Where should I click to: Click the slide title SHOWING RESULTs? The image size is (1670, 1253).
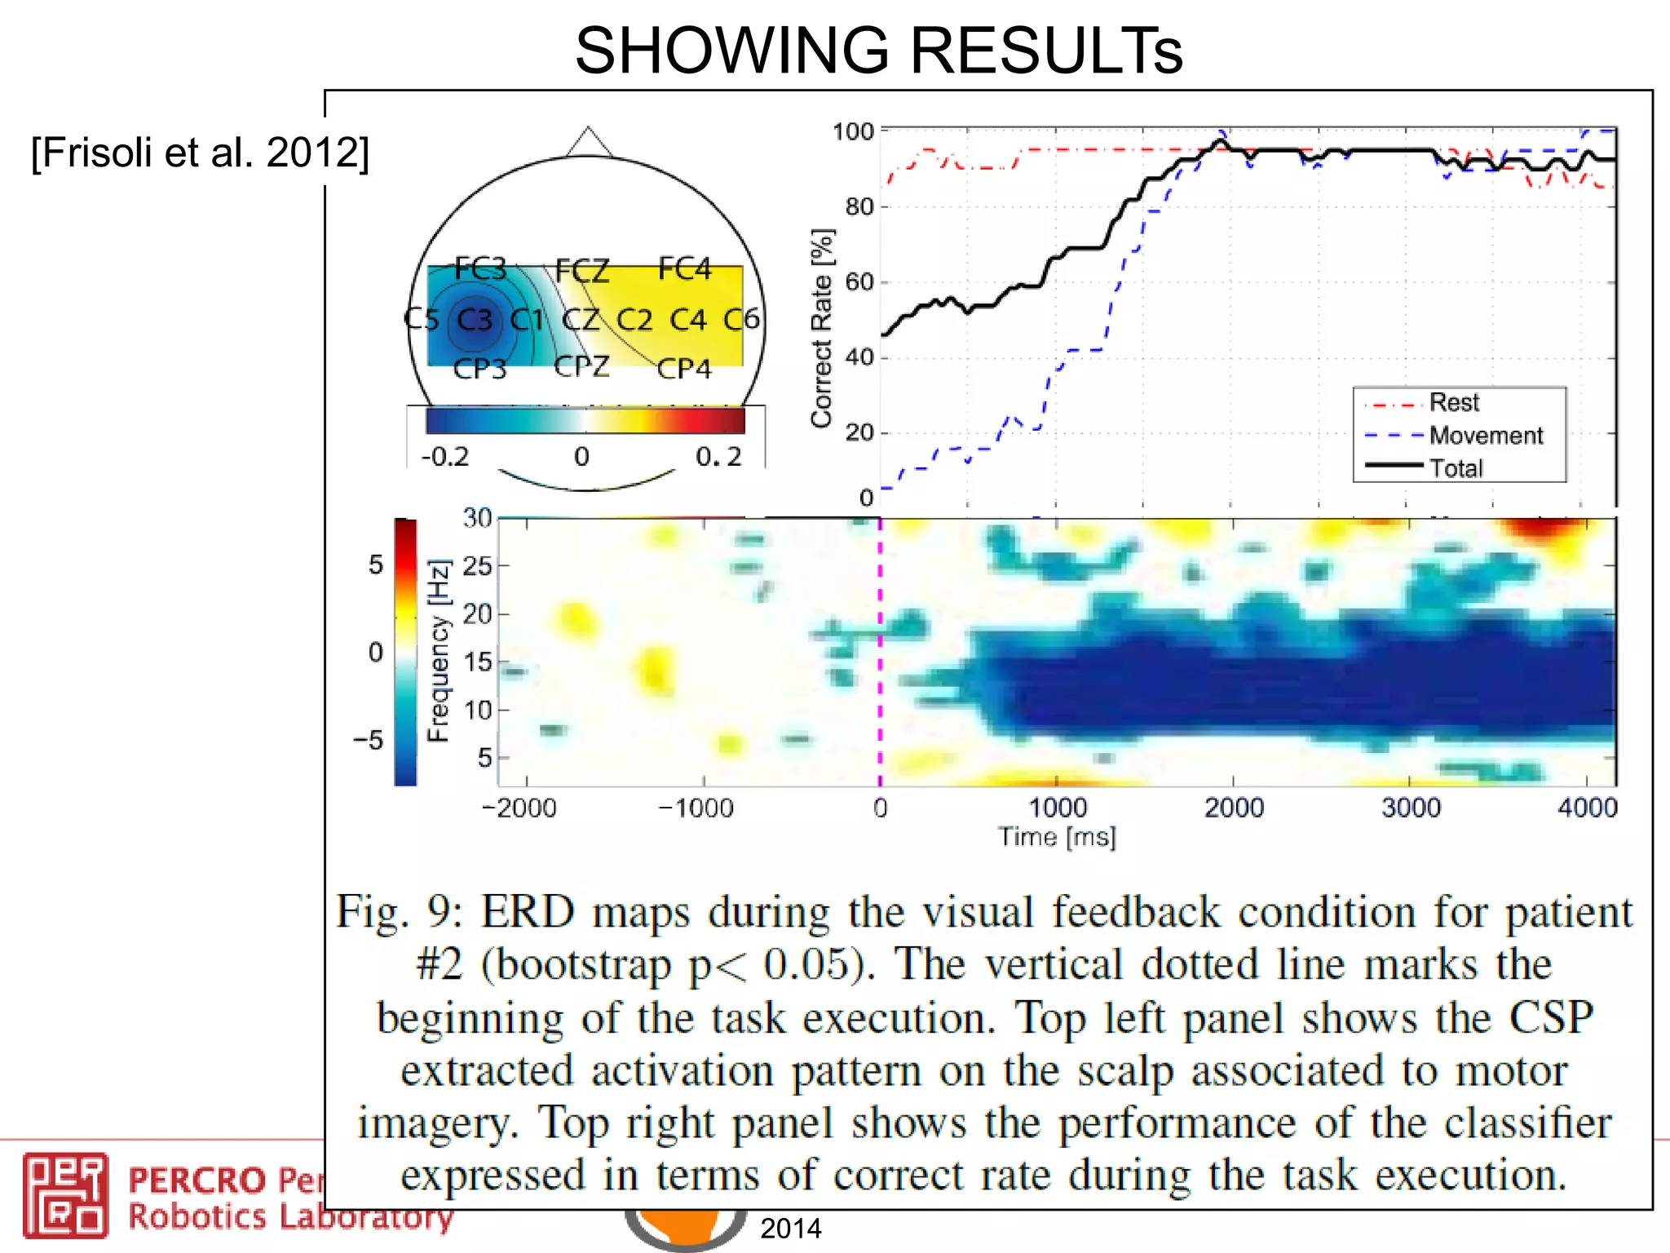pos(878,51)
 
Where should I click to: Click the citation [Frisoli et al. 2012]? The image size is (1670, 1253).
pos(200,153)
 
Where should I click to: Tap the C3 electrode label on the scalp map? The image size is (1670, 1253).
pos(475,319)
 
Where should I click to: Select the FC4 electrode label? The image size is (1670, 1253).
pos(684,268)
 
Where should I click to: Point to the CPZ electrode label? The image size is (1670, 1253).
pos(581,366)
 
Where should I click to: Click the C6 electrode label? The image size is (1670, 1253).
pos(741,318)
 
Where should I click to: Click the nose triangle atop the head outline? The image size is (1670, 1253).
pos(588,143)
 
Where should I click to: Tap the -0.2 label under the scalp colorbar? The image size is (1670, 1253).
pos(445,456)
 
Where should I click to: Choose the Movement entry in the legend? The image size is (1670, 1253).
pos(1486,436)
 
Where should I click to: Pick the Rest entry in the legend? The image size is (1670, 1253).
pos(1453,402)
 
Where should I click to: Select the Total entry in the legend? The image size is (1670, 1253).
pos(1456,468)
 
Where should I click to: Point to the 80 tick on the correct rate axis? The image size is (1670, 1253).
pos(859,206)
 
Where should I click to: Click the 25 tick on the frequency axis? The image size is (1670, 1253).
pos(477,565)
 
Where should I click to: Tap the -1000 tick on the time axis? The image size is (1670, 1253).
pos(696,808)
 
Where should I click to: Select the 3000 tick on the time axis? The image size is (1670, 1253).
pos(1411,808)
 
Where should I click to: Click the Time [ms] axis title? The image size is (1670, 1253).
pos(1057,837)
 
